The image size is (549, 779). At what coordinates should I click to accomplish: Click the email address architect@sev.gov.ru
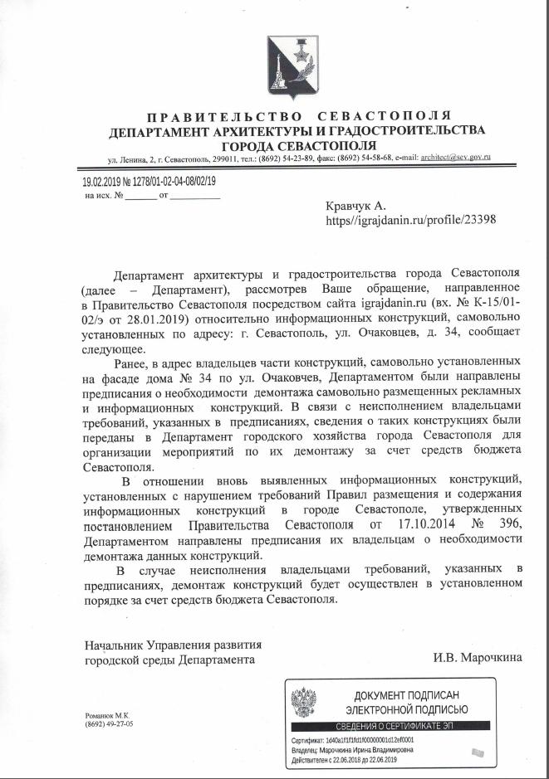coord(456,156)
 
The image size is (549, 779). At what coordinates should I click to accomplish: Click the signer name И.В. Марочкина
coord(478,659)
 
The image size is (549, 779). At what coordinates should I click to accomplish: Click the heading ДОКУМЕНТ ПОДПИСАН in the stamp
coord(406,695)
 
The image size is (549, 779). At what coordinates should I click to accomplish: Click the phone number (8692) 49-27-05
coord(109,724)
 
